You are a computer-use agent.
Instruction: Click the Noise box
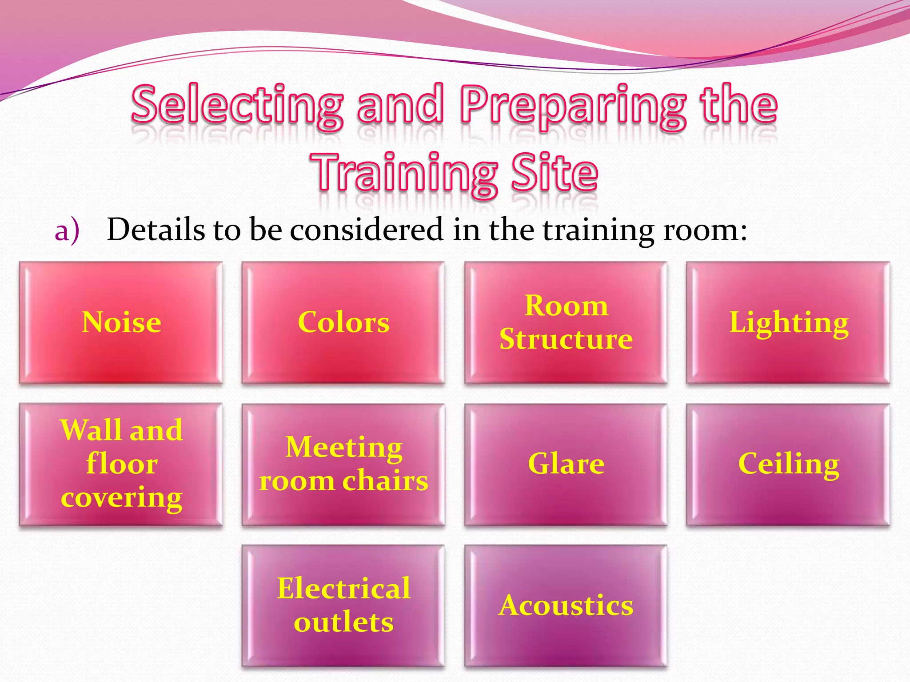click(121, 322)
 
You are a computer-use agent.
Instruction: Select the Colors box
click(343, 322)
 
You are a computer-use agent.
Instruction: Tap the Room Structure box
click(566, 322)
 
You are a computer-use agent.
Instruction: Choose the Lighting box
click(788, 322)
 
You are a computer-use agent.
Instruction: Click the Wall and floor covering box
click(121, 464)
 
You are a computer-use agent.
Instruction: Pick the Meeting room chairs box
click(343, 464)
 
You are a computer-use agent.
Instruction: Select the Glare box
click(566, 464)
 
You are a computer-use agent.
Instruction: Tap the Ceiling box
click(788, 464)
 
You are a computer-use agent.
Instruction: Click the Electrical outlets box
click(343, 606)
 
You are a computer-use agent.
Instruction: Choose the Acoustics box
click(566, 606)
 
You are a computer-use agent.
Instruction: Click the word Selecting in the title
click(238, 106)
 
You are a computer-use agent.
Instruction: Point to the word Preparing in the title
click(573, 106)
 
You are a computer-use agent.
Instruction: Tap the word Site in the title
click(554, 173)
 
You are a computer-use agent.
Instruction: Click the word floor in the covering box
click(122, 464)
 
